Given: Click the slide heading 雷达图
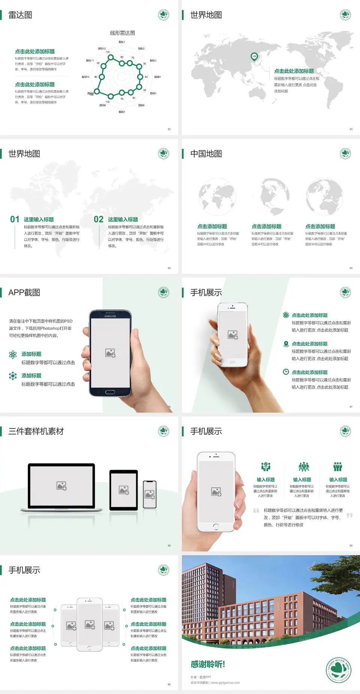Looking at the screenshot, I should pyautogui.click(x=20, y=15).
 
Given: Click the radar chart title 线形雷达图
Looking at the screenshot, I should pyautogui.click(x=122, y=33).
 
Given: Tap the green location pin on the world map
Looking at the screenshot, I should pyautogui.click(x=254, y=57).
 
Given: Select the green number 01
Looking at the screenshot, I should pyautogui.click(x=15, y=219).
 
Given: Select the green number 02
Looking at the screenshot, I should pyautogui.click(x=99, y=219).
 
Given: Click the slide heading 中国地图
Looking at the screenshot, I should pyautogui.click(x=206, y=154).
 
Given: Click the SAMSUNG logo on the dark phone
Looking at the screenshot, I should pyautogui.click(x=110, y=316).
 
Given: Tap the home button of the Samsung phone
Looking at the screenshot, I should pyautogui.click(x=110, y=392).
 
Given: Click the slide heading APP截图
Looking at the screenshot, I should pyautogui.click(x=24, y=293).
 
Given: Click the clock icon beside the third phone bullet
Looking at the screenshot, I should pyautogui.click(x=286, y=372).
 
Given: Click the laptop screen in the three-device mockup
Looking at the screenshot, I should pyautogui.click(x=61, y=486).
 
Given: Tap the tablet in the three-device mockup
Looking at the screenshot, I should pyautogui.click(x=124, y=490).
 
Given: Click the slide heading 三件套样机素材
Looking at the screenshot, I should pyautogui.click(x=36, y=431).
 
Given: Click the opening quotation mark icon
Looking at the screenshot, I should pyautogui.click(x=256, y=511).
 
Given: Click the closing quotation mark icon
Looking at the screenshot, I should pyautogui.click(x=349, y=515).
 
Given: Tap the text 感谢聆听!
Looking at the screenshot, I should pyautogui.click(x=208, y=664).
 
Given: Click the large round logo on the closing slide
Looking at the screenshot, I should pyautogui.click(x=339, y=670).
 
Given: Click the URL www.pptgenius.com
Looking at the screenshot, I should pyautogui.click(x=225, y=683).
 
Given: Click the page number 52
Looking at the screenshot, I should pyautogui.click(x=169, y=129).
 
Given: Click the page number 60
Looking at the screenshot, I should pyautogui.click(x=169, y=684).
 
